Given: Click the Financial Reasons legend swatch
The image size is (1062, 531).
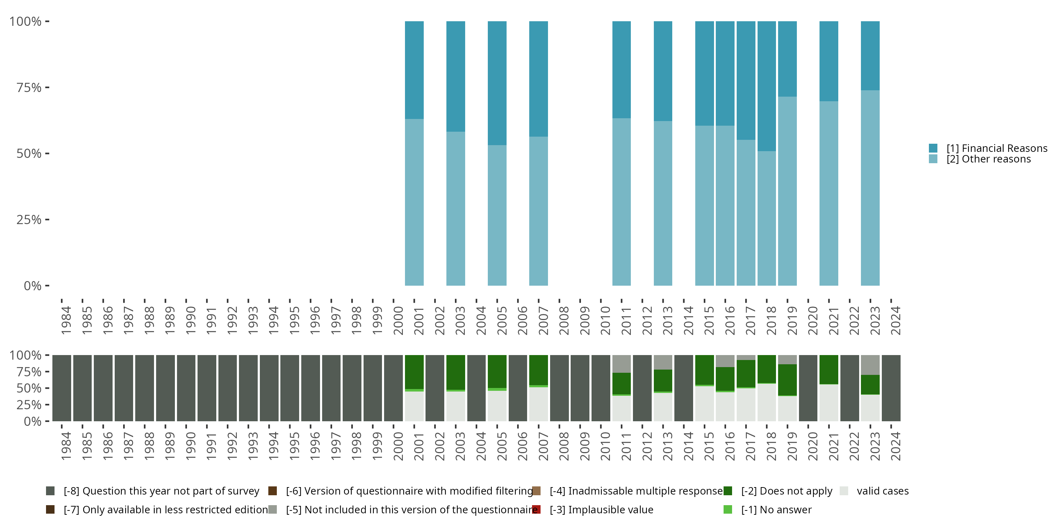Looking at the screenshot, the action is pos(933,148).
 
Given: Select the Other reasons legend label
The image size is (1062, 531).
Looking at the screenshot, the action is pos(989,159).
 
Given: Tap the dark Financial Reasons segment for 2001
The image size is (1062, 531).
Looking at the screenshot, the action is pos(414,70).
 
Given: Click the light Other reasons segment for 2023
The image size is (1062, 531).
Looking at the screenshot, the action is pos(870,188).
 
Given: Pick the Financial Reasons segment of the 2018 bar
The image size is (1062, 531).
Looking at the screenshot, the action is pos(767,86).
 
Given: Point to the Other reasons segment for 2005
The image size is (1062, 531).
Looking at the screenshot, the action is pos(497,215).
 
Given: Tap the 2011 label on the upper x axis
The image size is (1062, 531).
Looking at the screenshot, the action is pos(626,321).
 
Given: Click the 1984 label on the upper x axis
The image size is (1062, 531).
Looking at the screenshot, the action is pos(66,321).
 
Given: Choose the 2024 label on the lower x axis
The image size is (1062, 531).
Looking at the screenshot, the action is pos(896,446).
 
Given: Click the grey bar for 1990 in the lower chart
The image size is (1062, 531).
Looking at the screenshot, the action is pos(186,388).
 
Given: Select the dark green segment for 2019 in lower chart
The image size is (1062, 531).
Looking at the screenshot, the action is pos(787,380).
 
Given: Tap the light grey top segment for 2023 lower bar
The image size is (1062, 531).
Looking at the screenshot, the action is pos(870,365).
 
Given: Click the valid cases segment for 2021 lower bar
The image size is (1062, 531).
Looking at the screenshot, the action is pos(829,403).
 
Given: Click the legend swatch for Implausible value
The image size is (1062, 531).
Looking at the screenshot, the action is pos(536,509).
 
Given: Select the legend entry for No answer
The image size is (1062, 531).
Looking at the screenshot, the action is pos(767,509).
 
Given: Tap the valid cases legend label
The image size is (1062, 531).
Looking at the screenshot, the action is pos(883,491).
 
